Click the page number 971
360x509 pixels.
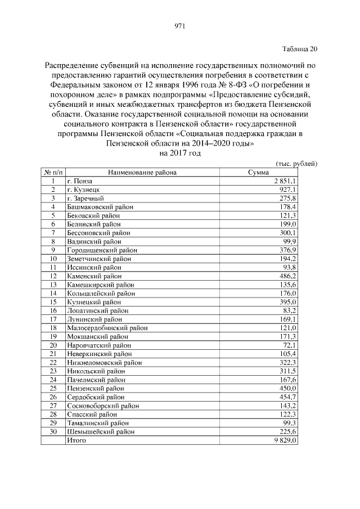click(180, 25)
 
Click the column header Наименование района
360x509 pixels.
click(142, 173)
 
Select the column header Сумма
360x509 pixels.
click(258, 173)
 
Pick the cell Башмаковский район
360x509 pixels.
click(100, 207)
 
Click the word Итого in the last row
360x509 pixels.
click(76, 440)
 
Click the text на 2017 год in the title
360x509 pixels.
click(180, 152)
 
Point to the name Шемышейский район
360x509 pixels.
click(101, 431)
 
